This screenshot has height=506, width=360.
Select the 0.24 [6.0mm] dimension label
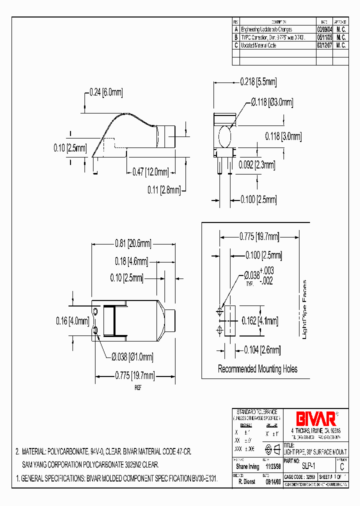point(106,92)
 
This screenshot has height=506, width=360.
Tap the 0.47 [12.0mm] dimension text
point(151,172)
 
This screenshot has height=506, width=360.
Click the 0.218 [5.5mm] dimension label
point(258,81)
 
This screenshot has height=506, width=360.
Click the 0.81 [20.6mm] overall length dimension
point(132,243)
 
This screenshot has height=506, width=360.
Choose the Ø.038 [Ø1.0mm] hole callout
point(132,356)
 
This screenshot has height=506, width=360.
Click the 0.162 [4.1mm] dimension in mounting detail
point(260,320)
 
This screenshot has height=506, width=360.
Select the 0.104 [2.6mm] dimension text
point(262,350)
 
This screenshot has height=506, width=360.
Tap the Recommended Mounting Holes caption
point(257,369)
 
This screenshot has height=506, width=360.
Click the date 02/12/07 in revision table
point(323,45)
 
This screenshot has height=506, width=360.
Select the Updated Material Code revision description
point(258,45)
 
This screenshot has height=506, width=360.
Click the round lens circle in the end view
point(226,135)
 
